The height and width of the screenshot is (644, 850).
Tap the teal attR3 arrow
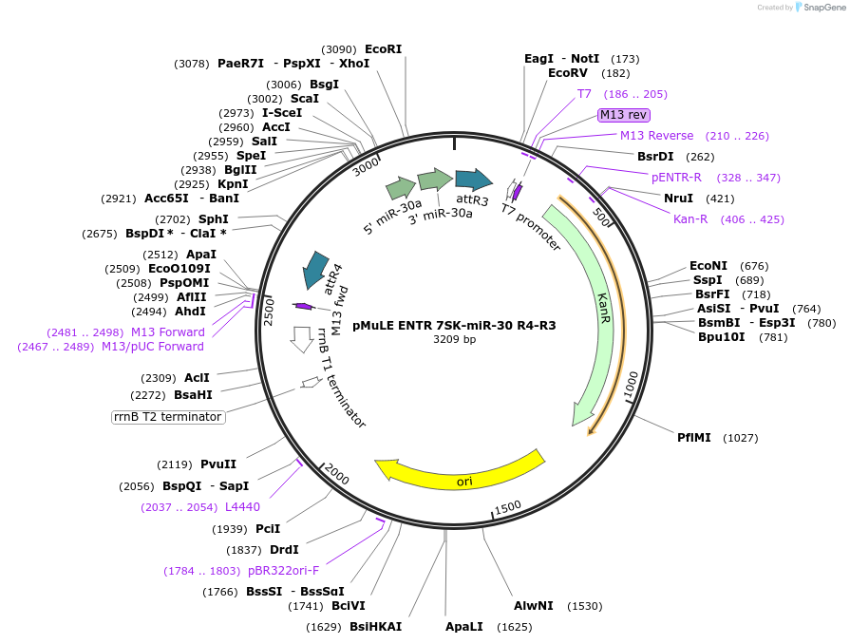(473, 180)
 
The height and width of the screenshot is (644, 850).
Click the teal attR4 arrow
(313, 270)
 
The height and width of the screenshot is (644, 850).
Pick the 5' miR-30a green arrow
(400, 188)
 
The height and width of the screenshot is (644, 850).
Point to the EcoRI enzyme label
(383, 49)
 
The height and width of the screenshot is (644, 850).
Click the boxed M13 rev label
(623, 115)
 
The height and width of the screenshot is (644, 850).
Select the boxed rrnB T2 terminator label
(168, 417)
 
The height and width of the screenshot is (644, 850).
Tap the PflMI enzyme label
(693, 438)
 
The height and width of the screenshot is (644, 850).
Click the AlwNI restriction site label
(533, 606)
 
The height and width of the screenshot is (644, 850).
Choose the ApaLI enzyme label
(464, 626)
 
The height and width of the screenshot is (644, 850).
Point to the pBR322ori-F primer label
(283, 571)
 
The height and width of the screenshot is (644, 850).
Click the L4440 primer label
(242, 506)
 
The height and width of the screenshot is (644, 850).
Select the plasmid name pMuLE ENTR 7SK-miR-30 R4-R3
(454, 325)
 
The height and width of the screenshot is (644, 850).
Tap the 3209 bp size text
(454, 339)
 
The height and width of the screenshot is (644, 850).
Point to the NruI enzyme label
(678, 199)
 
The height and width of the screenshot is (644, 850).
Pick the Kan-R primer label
(690, 219)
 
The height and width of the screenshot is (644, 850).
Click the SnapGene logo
(820, 8)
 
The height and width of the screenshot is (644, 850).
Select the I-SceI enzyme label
(282, 112)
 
